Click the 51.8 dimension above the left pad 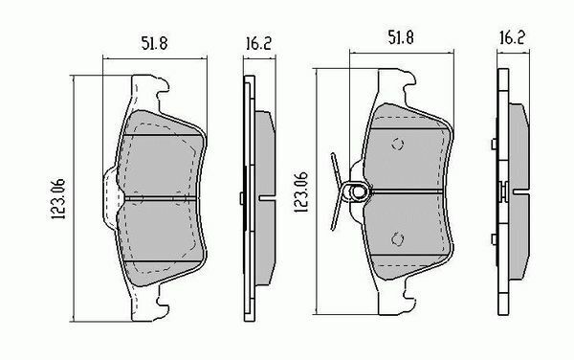tap(148, 43)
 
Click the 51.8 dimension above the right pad tap(400, 39)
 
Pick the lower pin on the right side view tap(492, 239)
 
